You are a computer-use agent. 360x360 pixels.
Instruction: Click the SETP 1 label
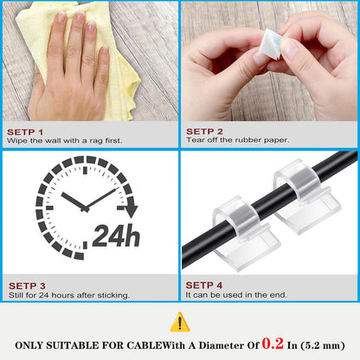[x=26, y=131]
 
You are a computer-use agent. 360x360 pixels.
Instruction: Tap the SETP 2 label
[x=204, y=131]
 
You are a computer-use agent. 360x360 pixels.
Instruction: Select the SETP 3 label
[x=26, y=285]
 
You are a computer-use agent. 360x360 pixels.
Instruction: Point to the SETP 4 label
[x=204, y=285]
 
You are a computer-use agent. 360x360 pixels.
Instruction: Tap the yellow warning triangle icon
[x=179, y=322]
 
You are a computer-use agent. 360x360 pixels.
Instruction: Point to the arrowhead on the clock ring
[x=130, y=209]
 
